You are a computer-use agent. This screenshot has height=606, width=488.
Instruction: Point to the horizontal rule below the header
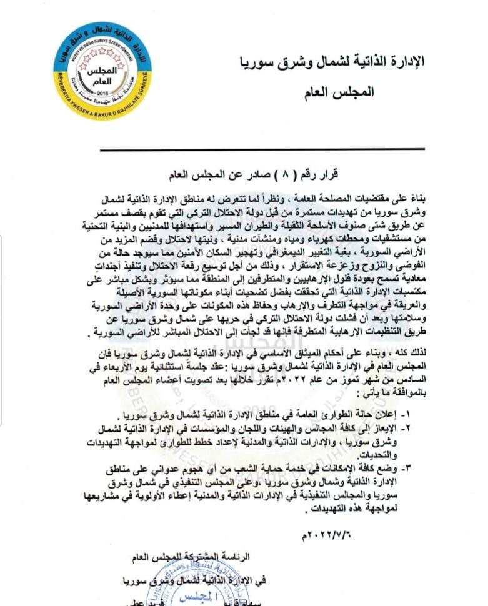pos(262,150)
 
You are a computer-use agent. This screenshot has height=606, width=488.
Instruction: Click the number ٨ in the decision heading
pos(281,169)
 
